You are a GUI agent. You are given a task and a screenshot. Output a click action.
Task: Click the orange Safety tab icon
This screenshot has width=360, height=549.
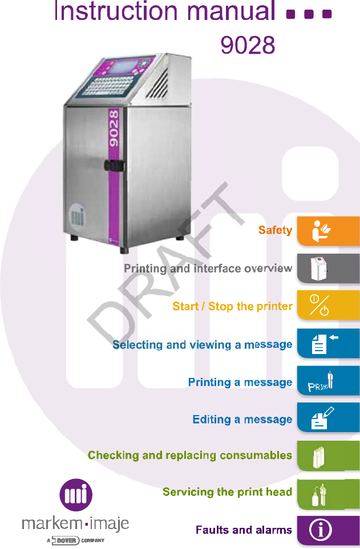[x=322, y=230]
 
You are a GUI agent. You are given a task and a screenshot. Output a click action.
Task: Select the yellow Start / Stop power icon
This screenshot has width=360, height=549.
[x=319, y=306]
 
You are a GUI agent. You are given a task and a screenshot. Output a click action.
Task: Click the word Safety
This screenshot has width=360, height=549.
[x=275, y=230]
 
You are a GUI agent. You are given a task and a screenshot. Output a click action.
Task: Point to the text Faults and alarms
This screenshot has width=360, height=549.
[x=244, y=530]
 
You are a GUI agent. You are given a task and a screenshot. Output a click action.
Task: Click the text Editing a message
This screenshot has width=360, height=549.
[x=242, y=420]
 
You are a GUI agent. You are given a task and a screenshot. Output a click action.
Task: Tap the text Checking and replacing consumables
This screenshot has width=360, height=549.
[x=190, y=456]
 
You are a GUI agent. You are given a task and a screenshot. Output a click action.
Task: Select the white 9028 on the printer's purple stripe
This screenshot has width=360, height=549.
[x=114, y=129]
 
